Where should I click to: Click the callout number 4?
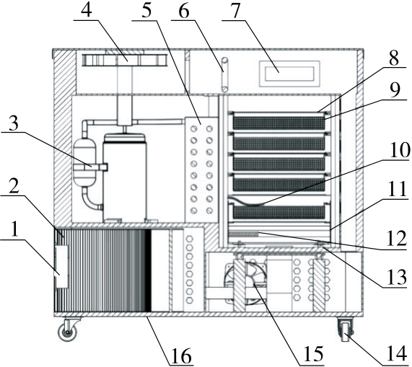pyautogui.click(x=86, y=11)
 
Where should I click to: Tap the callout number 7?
pyautogui.click(x=235, y=11)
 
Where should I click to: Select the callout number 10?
pyautogui.click(x=400, y=151)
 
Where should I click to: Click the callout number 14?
pyautogui.click(x=397, y=355)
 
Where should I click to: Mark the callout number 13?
pyautogui.click(x=397, y=277)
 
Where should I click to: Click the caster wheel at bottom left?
pyautogui.click(x=68, y=332)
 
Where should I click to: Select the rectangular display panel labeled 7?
pyautogui.click(x=290, y=74)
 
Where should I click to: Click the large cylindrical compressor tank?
pyautogui.click(x=125, y=177)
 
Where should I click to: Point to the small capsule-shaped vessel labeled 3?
pyautogui.click(x=85, y=164)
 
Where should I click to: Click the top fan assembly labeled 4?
pyautogui.click(x=125, y=60)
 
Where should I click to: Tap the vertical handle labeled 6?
pyautogui.click(x=224, y=74)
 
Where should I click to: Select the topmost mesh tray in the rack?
pyautogui.click(x=279, y=123)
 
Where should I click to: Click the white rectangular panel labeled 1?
pyautogui.click(x=62, y=267)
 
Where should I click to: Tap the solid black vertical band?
pyautogui.click(x=149, y=270)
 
